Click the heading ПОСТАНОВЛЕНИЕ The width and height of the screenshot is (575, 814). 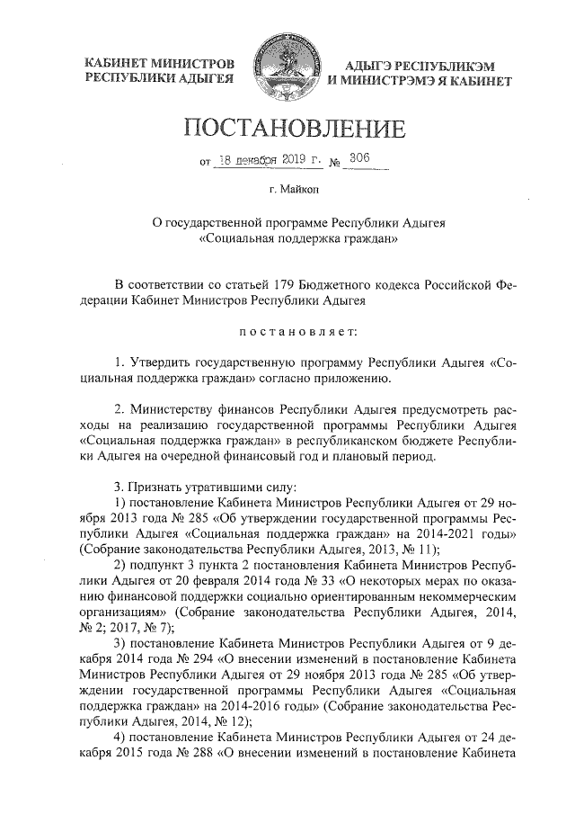pyautogui.click(x=288, y=128)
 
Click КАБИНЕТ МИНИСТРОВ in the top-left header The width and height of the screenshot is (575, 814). pyautogui.click(x=159, y=64)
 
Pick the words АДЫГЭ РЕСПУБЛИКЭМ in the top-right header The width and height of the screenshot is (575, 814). pyautogui.click(x=416, y=67)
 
